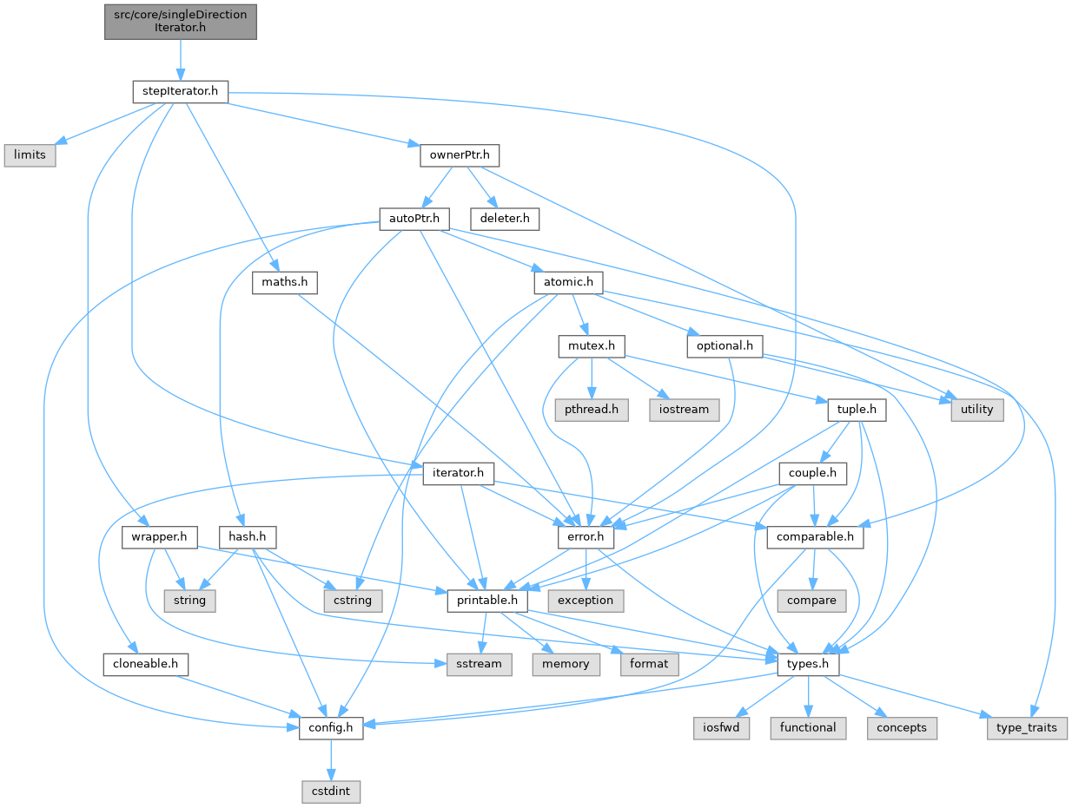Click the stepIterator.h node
tap(180, 90)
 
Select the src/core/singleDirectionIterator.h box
tap(181, 21)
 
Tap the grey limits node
tap(30, 155)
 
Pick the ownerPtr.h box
tap(460, 155)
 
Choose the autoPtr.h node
tap(414, 219)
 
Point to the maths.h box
tap(284, 282)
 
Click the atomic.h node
tap(568, 282)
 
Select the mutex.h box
tap(592, 345)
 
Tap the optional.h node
tap(725, 345)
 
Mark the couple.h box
tap(813, 473)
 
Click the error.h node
tap(586, 537)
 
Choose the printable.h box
tap(483, 601)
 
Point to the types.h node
tap(808, 664)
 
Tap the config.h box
tap(331, 727)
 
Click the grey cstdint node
tap(331, 791)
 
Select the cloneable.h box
tap(145, 664)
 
